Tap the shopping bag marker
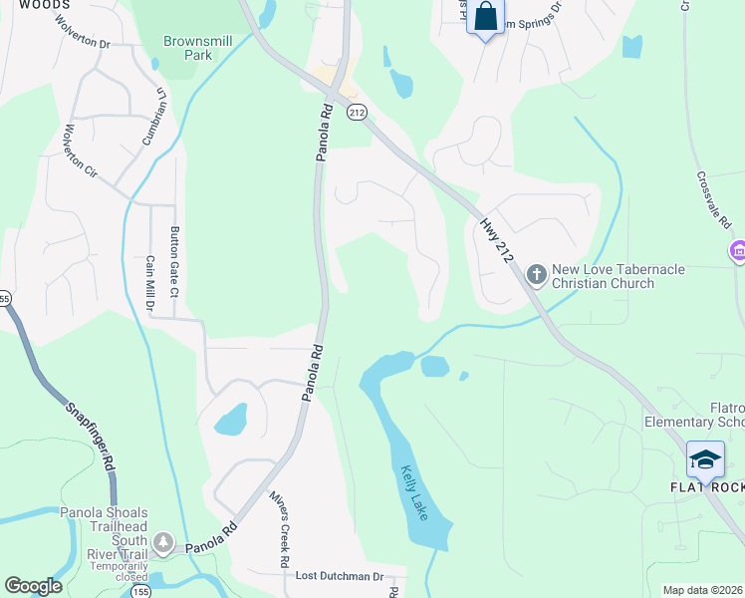pos(486,18)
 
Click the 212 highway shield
pos(357,113)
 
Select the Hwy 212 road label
pos(496,241)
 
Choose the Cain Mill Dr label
pos(149,282)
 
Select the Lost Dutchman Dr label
pos(339,577)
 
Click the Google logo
pos(33,586)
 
